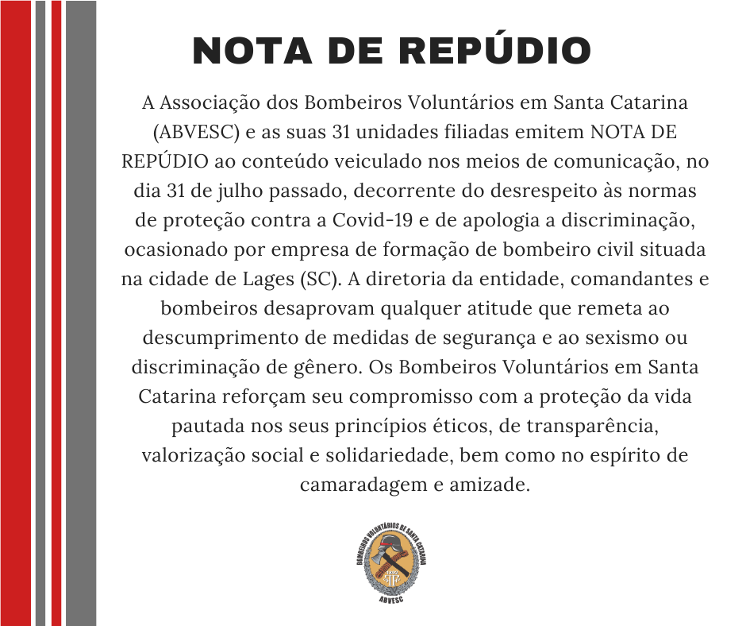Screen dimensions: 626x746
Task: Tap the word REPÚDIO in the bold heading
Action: pos(493,51)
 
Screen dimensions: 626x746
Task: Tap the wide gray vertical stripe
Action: pos(80,313)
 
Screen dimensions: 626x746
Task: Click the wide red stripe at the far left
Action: pos(16,313)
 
